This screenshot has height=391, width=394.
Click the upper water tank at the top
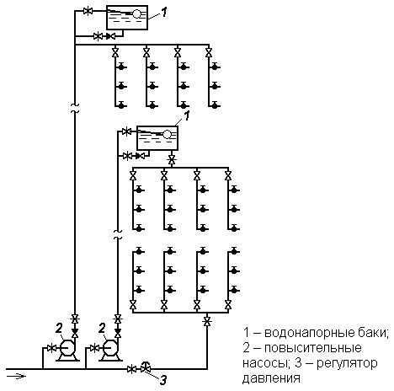click(127, 17)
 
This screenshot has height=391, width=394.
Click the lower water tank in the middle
click(157, 138)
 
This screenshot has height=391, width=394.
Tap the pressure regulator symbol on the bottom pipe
click(146, 367)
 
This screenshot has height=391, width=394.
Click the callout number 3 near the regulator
click(163, 380)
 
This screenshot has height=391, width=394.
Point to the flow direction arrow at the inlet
click(16, 376)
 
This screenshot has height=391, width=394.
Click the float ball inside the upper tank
click(137, 13)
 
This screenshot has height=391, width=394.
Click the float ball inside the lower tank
click(168, 134)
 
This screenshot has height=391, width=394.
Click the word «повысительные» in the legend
click(313, 348)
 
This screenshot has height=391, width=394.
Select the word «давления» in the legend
click(271, 378)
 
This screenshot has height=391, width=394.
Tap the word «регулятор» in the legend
click(347, 364)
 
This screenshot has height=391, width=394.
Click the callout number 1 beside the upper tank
click(164, 12)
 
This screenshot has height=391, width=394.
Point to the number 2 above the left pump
click(59, 328)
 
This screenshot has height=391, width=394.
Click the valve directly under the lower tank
click(171, 160)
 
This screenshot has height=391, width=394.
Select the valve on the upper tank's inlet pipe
click(88, 12)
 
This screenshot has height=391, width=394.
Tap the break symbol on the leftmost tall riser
click(75, 108)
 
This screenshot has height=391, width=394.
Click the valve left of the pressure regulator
click(131, 369)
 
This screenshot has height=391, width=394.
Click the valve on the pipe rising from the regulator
click(207, 321)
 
